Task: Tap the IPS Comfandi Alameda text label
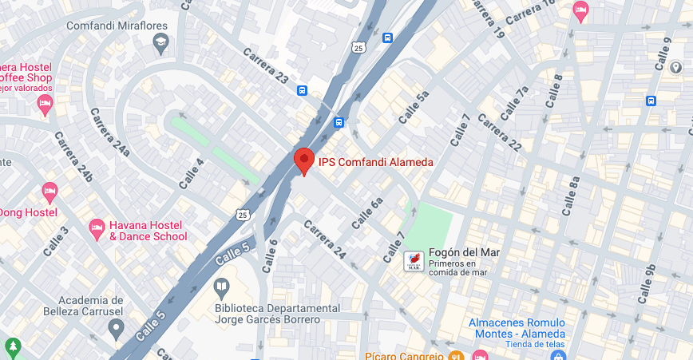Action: tap(376, 162)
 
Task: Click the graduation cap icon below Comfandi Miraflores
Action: tap(161, 43)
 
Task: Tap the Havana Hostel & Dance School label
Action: tap(148, 231)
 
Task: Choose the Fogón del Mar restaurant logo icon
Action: tap(414, 260)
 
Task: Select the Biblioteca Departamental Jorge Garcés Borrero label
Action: tap(267, 314)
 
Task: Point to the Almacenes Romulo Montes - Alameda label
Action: tap(517, 327)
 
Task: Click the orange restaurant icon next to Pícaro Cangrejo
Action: tap(456, 355)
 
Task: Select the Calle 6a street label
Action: tap(368, 212)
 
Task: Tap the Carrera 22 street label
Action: tap(501, 132)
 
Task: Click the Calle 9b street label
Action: tap(647, 283)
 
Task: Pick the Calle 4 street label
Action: tap(192, 173)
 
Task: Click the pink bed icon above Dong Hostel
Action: tap(49, 192)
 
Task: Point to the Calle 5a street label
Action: tap(414, 106)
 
